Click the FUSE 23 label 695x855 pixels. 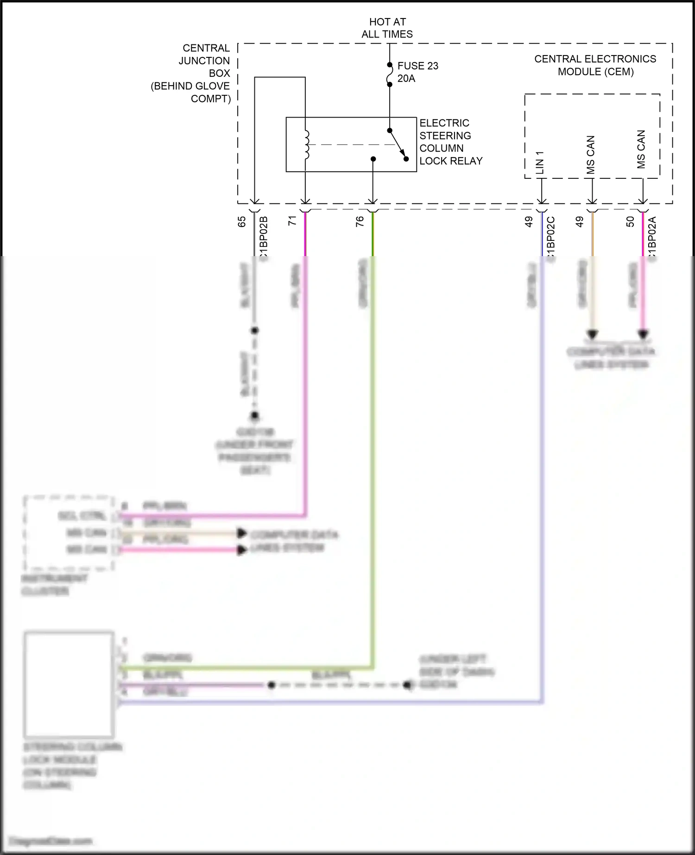click(417, 66)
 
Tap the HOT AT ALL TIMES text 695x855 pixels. click(387, 28)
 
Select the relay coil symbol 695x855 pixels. click(306, 145)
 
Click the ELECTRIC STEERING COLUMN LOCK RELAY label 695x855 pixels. click(450, 142)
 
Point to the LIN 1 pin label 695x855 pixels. click(540, 163)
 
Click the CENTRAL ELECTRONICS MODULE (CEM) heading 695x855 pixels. click(595, 65)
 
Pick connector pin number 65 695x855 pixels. click(241, 222)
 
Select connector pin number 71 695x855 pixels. click(292, 221)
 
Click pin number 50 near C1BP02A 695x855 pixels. click(630, 222)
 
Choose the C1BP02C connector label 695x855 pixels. click(551, 239)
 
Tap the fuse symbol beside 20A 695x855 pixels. click(390, 75)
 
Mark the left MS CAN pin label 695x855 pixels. click(590, 155)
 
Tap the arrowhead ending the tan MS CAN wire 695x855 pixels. click(593, 334)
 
